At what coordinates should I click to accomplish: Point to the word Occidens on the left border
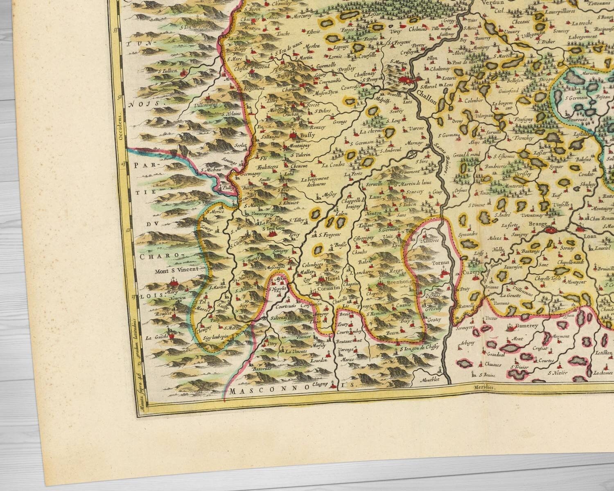tap(120, 127)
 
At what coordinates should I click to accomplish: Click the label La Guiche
tap(155, 338)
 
